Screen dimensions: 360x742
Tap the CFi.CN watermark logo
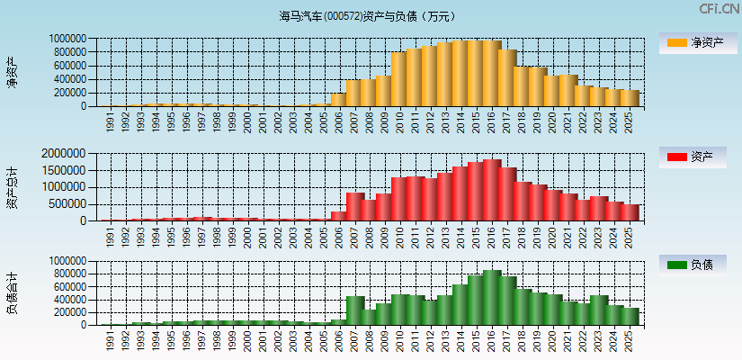tap(719, 9)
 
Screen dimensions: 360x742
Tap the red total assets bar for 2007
tap(354, 207)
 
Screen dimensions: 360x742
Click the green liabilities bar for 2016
tap(492, 298)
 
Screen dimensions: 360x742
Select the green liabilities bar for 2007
tap(354, 310)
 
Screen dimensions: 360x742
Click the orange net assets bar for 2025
tap(630, 98)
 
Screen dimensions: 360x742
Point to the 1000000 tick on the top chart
tap(68, 39)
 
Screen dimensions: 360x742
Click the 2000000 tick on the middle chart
tap(66, 154)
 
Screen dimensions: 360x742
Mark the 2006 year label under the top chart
tap(339, 122)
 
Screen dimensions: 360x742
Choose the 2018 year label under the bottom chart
tap(523, 341)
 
